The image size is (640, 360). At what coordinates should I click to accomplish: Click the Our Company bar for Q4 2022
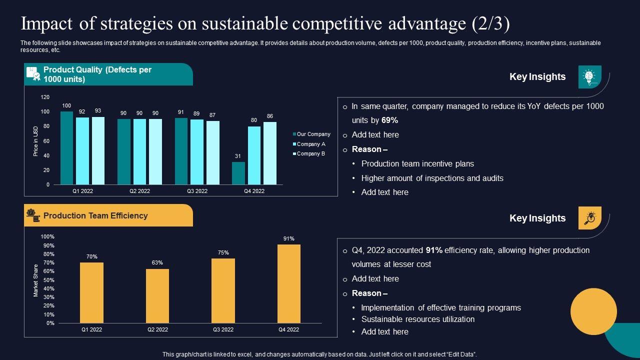click(x=238, y=173)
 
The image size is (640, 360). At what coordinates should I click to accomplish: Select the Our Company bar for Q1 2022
click(x=66, y=148)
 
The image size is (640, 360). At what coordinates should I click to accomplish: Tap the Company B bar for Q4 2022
click(x=270, y=153)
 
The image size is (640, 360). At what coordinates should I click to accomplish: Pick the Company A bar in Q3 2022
click(x=197, y=152)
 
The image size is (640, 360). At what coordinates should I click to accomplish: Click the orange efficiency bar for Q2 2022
click(x=157, y=296)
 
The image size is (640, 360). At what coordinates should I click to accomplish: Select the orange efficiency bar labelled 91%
click(x=289, y=283)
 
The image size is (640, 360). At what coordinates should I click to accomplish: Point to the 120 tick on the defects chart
click(x=45, y=97)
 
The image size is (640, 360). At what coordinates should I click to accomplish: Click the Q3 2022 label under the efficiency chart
click(x=223, y=329)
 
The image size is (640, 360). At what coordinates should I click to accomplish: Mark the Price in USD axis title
click(x=35, y=141)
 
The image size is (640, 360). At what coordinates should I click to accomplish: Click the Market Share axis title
click(x=36, y=280)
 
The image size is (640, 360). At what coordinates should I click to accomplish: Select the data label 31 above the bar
click(x=238, y=156)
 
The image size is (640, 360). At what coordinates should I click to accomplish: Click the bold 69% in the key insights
click(x=389, y=120)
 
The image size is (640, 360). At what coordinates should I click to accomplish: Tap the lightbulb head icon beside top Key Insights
click(x=589, y=76)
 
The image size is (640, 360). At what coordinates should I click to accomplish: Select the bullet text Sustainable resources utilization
click(x=417, y=319)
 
